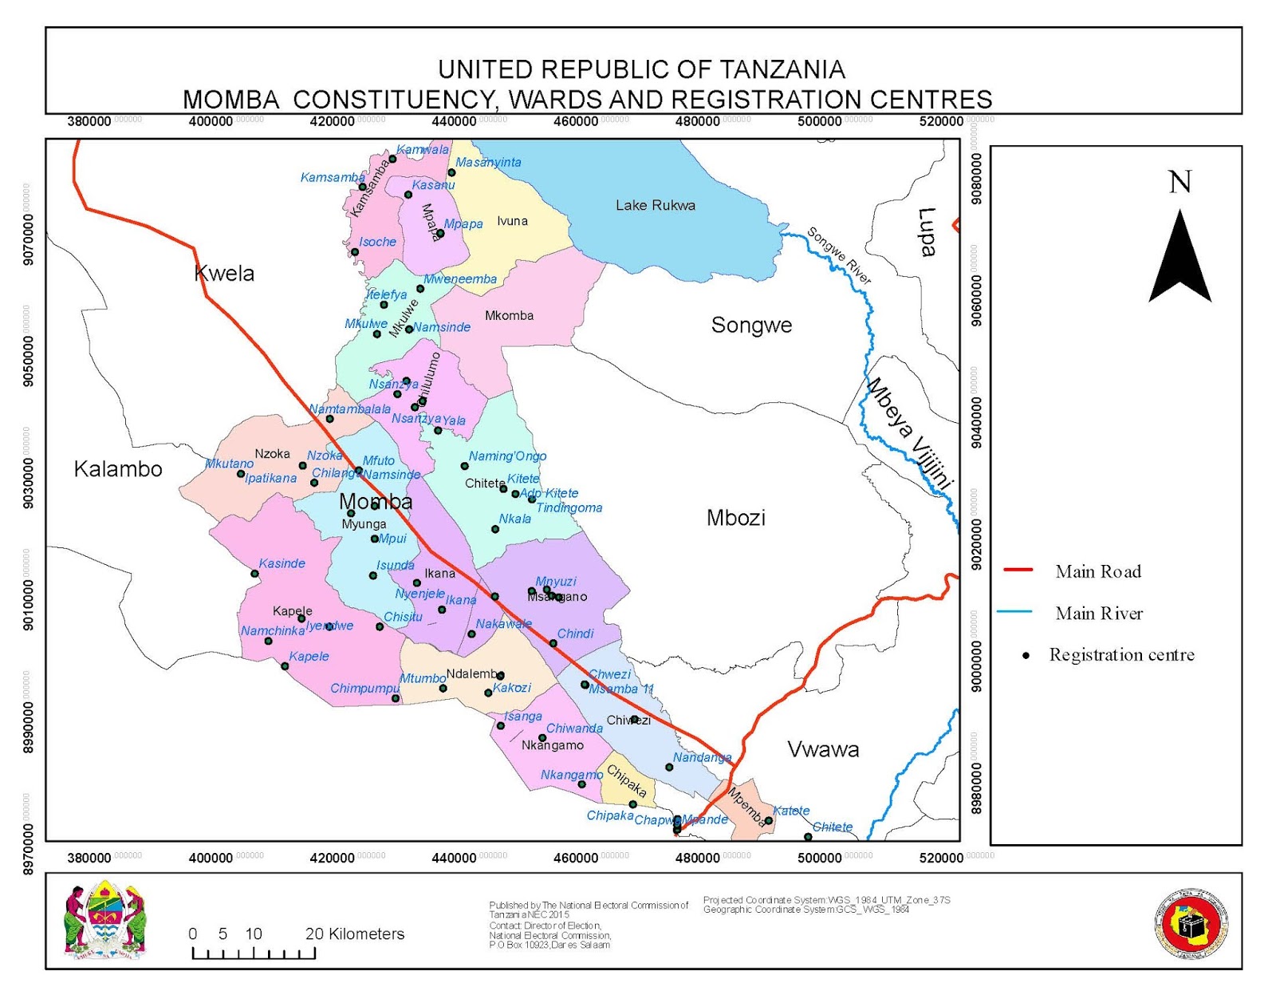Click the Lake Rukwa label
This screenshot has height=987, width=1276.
[x=655, y=205]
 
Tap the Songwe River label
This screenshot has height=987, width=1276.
[x=839, y=255]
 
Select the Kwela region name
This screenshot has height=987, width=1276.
[x=224, y=274]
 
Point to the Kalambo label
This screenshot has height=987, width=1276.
[x=118, y=469]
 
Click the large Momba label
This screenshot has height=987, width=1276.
[x=376, y=501]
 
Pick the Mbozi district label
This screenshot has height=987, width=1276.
[x=735, y=518]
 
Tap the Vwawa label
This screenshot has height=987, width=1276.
[x=823, y=749]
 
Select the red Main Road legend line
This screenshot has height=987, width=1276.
[x=1018, y=570]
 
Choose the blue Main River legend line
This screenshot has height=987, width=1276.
[x=1014, y=612]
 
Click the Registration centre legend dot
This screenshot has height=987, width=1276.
[x=1026, y=655]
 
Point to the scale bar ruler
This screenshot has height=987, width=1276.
[x=254, y=953]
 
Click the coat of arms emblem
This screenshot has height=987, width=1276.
[x=105, y=919]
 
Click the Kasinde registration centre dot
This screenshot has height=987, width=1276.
[x=255, y=574]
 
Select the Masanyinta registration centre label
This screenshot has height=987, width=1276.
[x=488, y=162]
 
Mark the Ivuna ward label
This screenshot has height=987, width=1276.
[x=512, y=221]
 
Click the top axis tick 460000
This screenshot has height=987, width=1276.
[x=576, y=121]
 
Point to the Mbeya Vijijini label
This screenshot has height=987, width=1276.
[x=910, y=432]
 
